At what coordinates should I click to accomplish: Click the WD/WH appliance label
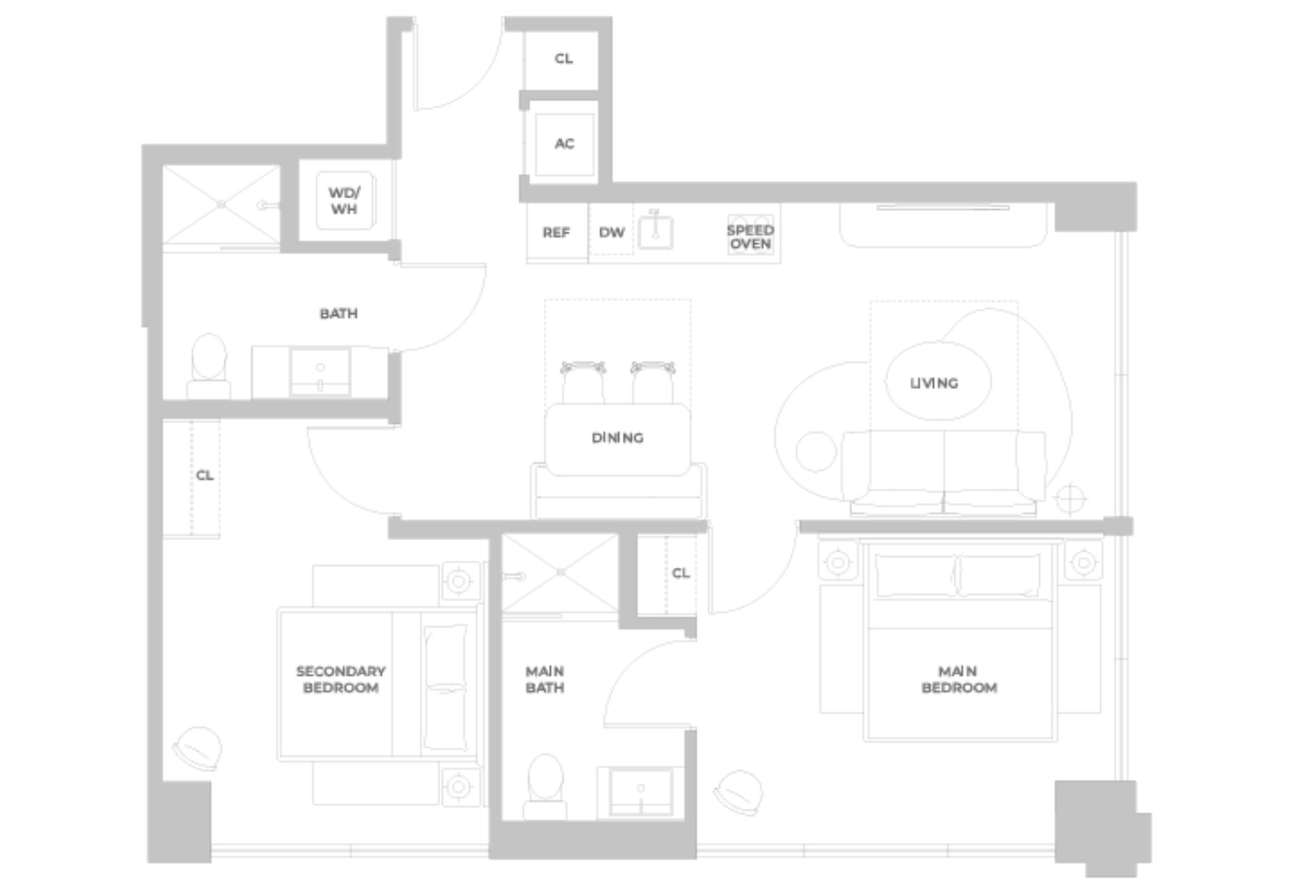coord(344,201)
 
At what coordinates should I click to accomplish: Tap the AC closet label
coord(564,144)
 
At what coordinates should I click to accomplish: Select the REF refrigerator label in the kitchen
coord(556,233)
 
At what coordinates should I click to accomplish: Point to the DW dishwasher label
coord(611,233)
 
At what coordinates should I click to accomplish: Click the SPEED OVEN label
coord(750,237)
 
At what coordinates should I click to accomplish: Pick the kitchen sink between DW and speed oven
coord(655,232)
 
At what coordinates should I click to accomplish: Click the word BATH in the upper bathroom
coord(338,314)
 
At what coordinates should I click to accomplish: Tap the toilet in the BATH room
coord(209,367)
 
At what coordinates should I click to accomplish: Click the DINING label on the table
coord(617,438)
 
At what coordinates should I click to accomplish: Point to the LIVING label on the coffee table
coord(934,384)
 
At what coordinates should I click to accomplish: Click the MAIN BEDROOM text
coord(958,679)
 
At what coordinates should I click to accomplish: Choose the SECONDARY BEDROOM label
coord(340,679)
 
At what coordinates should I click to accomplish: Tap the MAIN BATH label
coord(545,679)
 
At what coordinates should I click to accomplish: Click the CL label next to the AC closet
coord(564,59)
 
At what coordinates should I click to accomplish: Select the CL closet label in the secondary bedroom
coord(204,475)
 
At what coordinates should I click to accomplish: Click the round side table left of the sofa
coord(816,452)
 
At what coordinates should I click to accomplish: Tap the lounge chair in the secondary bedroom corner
coord(197,749)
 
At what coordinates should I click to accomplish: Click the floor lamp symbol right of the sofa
coord(1070,499)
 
